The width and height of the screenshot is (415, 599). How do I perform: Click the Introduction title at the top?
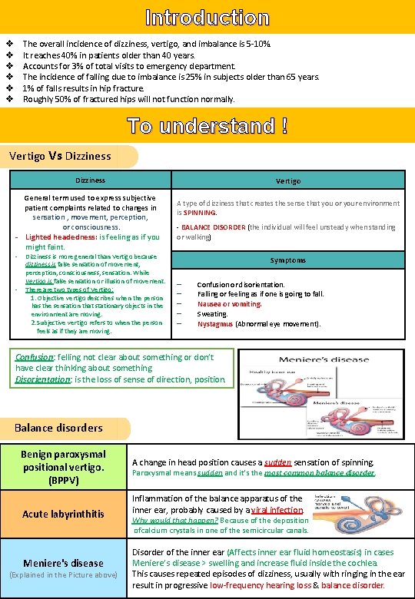[x=207, y=17]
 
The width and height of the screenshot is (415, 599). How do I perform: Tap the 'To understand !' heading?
[x=207, y=124]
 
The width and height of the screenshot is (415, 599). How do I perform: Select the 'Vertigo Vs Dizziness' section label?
[x=60, y=156]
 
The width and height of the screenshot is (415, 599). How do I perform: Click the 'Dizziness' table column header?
[x=91, y=180]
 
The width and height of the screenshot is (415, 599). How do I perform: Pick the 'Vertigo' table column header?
[x=288, y=180]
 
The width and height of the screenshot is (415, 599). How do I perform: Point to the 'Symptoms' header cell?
[x=288, y=260]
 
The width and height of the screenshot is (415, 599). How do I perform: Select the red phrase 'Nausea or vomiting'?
[x=229, y=304]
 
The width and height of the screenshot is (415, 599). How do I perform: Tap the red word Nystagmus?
[x=215, y=324]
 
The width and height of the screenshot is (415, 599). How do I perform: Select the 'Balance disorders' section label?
[x=58, y=427]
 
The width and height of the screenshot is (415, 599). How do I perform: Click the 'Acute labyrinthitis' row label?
[x=64, y=513]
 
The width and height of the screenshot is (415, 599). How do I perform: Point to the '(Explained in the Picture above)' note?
[x=63, y=574]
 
